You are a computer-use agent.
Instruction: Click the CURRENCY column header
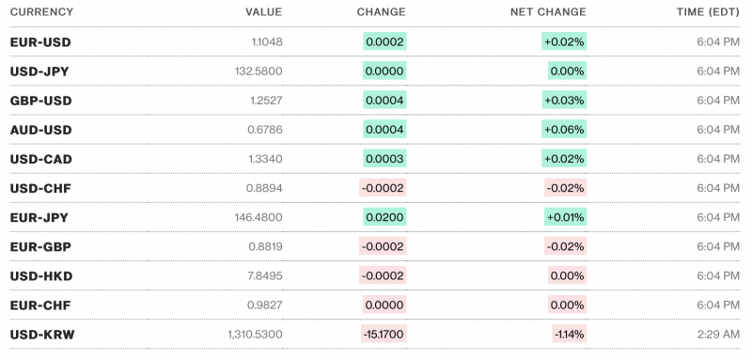click(41, 12)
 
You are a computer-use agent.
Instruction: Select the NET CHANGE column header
click(548, 12)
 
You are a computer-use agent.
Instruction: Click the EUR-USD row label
click(40, 42)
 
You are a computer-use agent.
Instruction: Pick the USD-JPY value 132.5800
click(258, 71)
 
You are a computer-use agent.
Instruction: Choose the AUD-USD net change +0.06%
click(564, 130)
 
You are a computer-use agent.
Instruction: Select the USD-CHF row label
click(40, 188)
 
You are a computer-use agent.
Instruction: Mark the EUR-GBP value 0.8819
click(263, 246)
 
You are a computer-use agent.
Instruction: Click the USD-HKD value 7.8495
click(263, 275)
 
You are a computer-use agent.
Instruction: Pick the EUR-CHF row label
click(40, 305)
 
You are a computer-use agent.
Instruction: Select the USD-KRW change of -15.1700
click(384, 334)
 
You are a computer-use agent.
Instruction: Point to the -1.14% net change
click(570, 334)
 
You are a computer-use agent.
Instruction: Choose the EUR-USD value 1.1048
click(264, 42)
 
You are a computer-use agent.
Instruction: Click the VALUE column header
click(263, 12)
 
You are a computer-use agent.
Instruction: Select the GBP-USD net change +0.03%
click(564, 101)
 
